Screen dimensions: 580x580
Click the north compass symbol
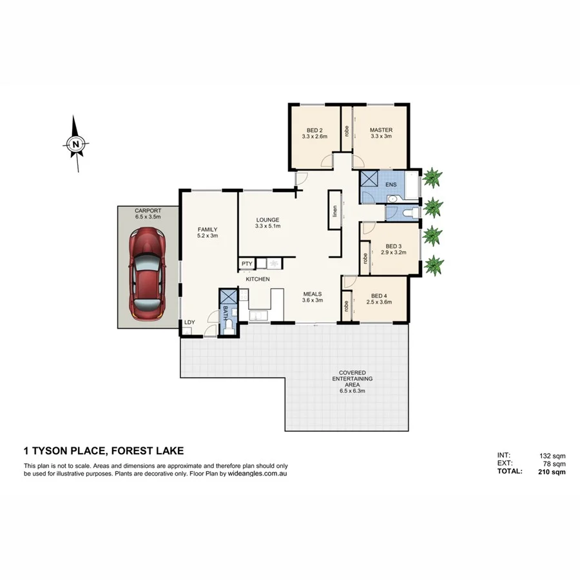click(76, 144)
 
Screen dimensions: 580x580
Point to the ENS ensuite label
click(391, 186)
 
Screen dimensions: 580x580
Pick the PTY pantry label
click(247, 264)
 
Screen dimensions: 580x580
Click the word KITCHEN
click(256, 279)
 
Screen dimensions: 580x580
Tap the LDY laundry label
click(189, 322)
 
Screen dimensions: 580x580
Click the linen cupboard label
click(334, 211)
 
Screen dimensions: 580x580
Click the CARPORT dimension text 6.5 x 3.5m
click(148, 218)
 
